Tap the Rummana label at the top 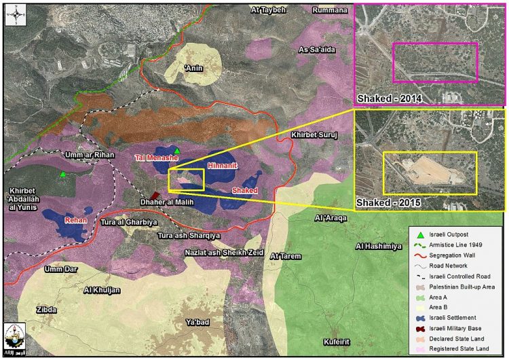click(x=330, y=10)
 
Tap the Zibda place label click(x=47, y=309)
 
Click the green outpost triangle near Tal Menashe click(x=177, y=150)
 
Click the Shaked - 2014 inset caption click(x=390, y=98)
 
